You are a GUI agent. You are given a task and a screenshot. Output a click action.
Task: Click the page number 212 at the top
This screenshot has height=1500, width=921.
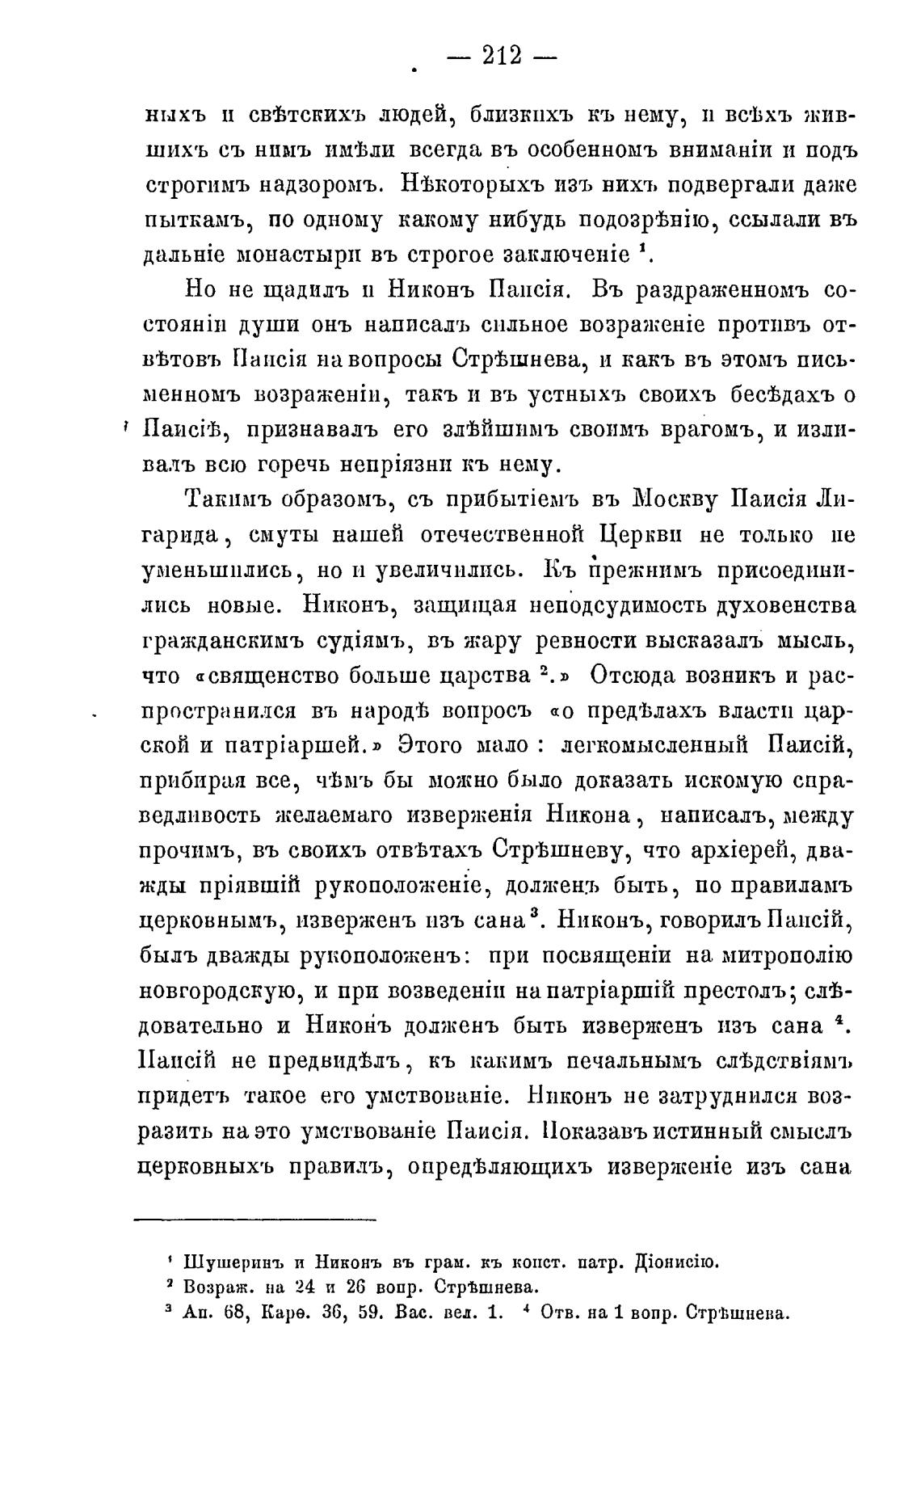(x=502, y=56)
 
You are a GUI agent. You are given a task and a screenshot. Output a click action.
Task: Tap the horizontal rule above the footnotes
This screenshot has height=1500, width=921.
(x=254, y=1219)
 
